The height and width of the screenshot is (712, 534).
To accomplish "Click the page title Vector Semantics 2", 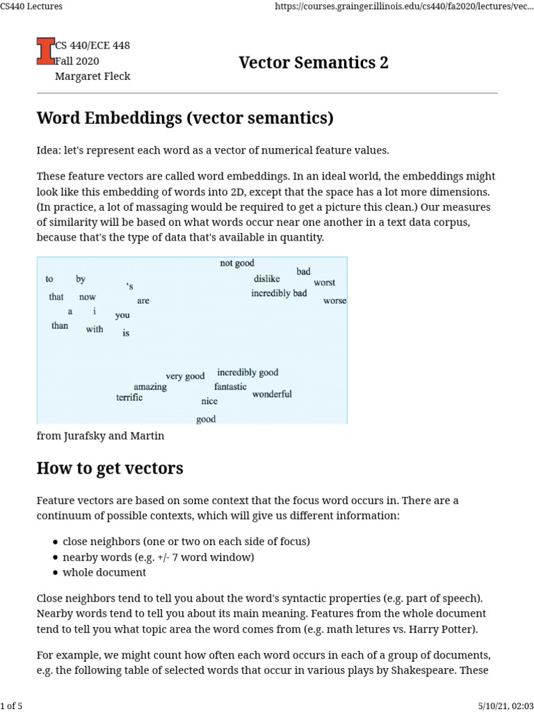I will pyautogui.click(x=314, y=63).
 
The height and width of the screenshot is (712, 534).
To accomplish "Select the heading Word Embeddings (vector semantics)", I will pyautogui.click(x=185, y=118).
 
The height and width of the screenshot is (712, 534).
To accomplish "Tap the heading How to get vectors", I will pyautogui.click(x=110, y=468).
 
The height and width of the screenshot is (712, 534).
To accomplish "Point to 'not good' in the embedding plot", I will pyautogui.click(x=237, y=264).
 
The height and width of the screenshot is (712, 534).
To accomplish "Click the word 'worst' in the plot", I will pyautogui.click(x=324, y=283).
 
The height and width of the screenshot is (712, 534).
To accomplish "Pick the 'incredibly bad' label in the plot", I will pyautogui.click(x=279, y=293).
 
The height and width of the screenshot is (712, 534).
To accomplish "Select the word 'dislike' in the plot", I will pyautogui.click(x=267, y=279).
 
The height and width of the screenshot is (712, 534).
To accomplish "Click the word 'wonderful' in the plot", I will pyautogui.click(x=272, y=394).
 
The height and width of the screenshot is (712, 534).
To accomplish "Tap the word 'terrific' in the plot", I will pyautogui.click(x=129, y=398).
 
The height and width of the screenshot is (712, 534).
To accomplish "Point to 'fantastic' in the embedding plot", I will pyautogui.click(x=230, y=387).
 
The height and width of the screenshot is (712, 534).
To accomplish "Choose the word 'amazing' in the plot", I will pyautogui.click(x=150, y=387).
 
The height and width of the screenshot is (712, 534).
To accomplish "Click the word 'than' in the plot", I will pyautogui.click(x=60, y=325).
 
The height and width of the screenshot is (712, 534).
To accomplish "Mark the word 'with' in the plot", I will pyautogui.click(x=95, y=330).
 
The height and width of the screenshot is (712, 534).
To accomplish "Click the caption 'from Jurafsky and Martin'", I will pyautogui.click(x=100, y=436).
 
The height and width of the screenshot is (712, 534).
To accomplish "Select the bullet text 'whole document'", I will pyautogui.click(x=104, y=572).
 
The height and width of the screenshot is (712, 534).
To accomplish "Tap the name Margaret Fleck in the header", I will pyautogui.click(x=92, y=76).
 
